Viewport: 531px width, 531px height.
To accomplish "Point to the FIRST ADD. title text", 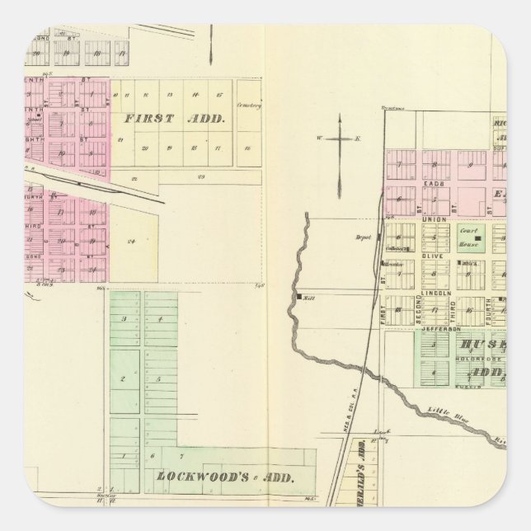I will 174,118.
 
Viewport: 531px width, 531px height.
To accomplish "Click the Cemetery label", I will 248,105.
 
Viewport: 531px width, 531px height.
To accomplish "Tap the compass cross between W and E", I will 339,139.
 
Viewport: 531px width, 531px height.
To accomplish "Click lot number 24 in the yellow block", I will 130,241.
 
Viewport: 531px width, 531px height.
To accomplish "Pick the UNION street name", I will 435,219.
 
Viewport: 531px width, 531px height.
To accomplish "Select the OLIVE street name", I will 435,256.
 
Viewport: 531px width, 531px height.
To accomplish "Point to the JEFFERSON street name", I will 439,328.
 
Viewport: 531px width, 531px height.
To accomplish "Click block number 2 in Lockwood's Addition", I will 123,379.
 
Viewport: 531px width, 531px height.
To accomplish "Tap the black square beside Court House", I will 477,238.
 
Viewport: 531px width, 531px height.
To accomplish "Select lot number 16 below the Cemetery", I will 248,148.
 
